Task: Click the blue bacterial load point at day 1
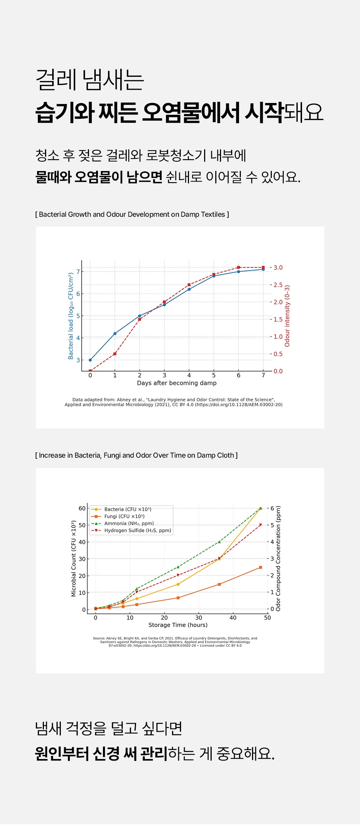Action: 115,333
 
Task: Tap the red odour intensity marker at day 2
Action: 140,319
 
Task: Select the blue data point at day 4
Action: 189,289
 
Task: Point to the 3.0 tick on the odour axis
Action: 278,268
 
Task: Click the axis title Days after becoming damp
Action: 177,383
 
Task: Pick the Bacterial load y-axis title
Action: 71,316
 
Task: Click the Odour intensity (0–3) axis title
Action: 287,316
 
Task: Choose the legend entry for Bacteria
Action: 121,509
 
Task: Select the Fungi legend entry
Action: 118,516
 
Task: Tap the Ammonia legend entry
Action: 122,523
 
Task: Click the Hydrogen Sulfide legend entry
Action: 131,530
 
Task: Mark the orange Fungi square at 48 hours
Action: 261,567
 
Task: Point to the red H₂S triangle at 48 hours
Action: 261,525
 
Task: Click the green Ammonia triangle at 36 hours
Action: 219,542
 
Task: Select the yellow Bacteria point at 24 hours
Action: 178,584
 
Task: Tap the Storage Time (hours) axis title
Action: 178,625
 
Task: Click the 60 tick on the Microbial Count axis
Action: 82,508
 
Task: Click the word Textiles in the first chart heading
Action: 213,214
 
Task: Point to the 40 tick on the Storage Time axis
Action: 233,618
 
